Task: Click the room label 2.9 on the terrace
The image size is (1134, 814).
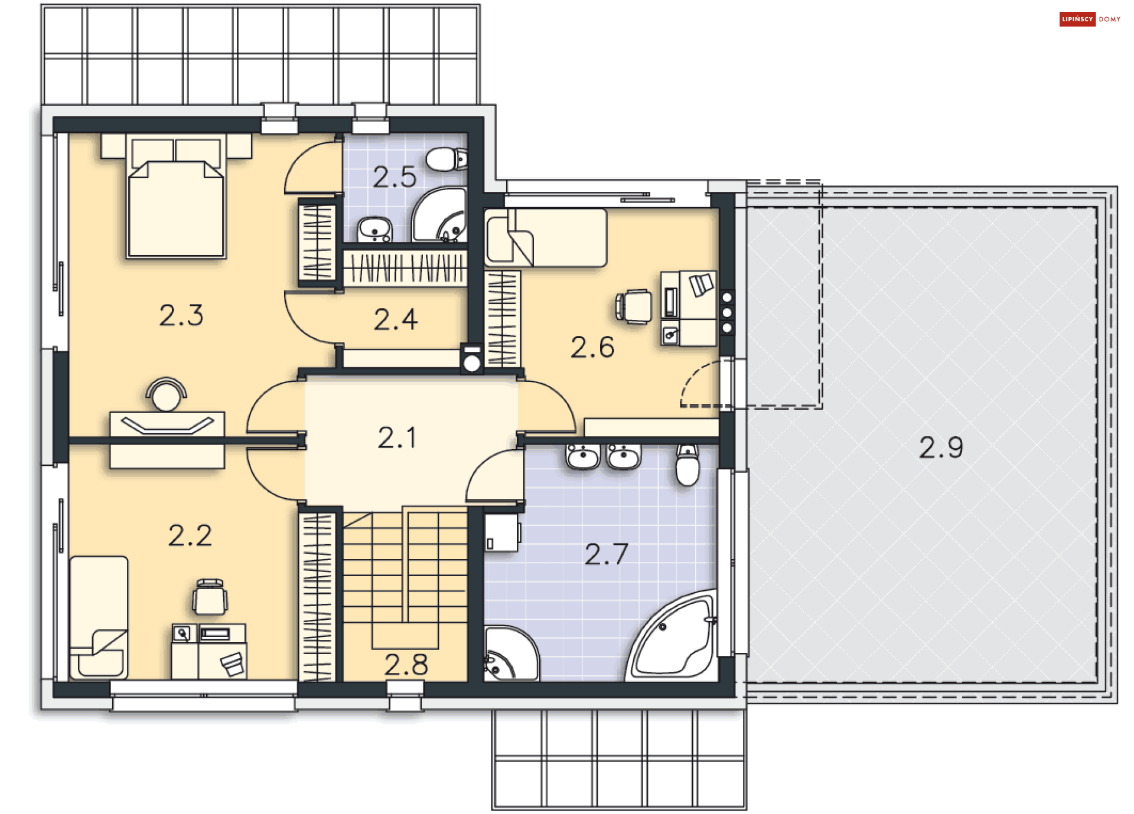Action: click(940, 447)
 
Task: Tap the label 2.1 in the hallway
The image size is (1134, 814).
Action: click(397, 438)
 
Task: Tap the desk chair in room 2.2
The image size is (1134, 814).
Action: click(210, 597)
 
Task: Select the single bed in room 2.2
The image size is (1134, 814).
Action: click(99, 617)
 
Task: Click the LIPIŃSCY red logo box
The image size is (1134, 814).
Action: click(1077, 19)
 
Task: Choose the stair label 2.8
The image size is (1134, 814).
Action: click(406, 665)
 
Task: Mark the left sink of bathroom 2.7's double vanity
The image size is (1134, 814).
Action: click(582, 457)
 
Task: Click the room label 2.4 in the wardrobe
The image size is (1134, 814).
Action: click(396, 320)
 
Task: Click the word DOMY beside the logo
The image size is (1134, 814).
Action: click(1109, 19)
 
